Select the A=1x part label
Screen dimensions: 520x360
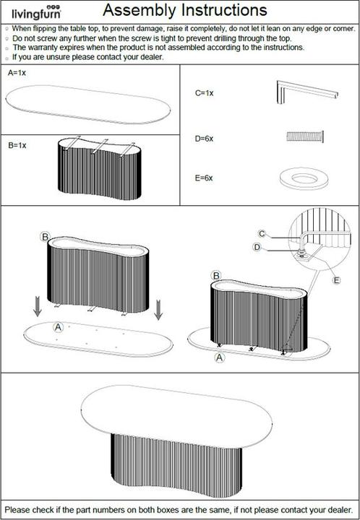coord(17,74)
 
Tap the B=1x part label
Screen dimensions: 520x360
coord(17,145)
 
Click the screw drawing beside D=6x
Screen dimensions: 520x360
coord(304,135)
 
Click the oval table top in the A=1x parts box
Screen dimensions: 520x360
coord(87,105)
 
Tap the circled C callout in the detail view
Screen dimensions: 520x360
coord(263,233)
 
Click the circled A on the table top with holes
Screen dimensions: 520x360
coord(59,326)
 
